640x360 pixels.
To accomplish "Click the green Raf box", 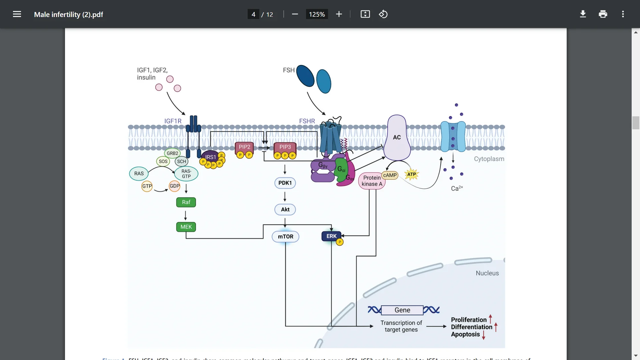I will [x=186, y=202].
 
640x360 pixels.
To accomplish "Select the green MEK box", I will [x=186, y=227].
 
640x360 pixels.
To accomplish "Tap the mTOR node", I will [x=286, y=237].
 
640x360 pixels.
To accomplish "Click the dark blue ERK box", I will [x=331, y=236].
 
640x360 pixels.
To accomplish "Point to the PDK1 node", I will [x=285, y=183].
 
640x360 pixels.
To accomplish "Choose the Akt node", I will [x=285, y=210].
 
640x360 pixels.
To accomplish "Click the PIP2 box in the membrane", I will [x=244, y=147].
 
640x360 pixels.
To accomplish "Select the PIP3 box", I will [x=285, y=147].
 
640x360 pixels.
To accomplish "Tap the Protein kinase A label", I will [x=372, y=181].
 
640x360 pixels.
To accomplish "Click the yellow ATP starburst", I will [x=412, y=174].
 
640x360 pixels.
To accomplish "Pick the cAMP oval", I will [x=390, y=175].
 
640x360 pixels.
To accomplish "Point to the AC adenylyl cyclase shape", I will [x=397, y=137].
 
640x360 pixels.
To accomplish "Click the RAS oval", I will [x=139, y=174].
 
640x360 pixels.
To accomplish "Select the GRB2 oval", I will [x=172, y=153].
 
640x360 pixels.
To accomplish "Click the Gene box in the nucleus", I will [x=402, y=310].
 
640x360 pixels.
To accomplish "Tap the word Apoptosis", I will [x=465, y=334].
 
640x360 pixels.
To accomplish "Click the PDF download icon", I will [x=583, y=14].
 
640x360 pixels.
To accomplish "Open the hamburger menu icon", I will [x=17, y=14].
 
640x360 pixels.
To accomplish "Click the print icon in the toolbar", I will [x=603, y=14].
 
